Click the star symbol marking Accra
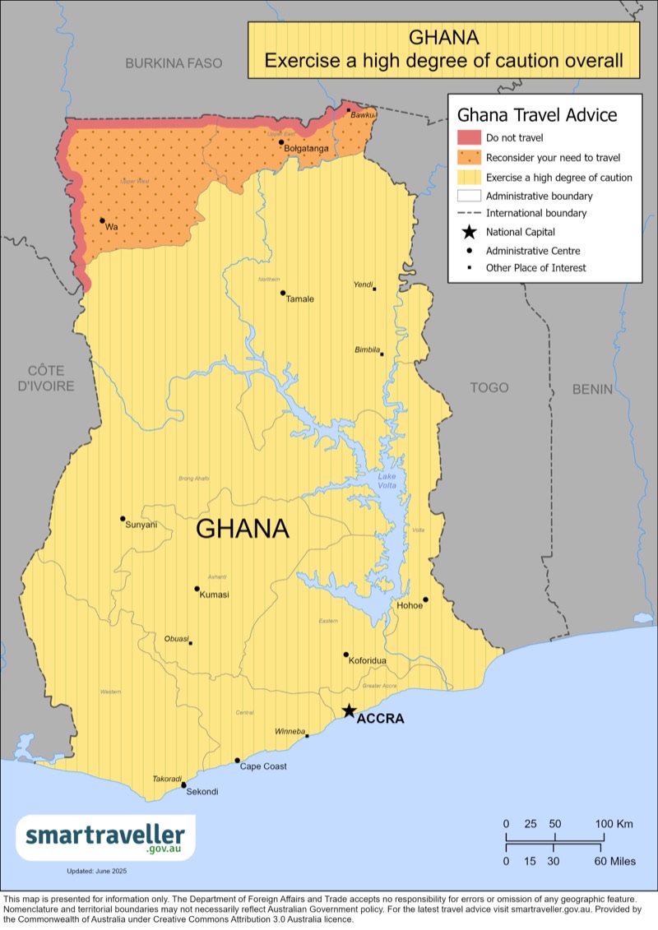(x=349, y=710)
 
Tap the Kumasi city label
(x=215, y=595)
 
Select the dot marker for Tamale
(x=283, y=293)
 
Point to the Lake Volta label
(x=387, y=481)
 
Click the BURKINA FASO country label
(x=174, y=63)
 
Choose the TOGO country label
(x=489, y=387)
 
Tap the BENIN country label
(x=593, y=389)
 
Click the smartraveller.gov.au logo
(x=106, y=838)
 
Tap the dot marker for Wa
(x=102, y=220)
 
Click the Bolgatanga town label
(x=307, y=149)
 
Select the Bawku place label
(x=362, y=116)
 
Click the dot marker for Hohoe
(x=426, y=599)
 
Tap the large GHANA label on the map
(x=243, y=529)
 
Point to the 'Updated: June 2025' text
(x=97, y=871)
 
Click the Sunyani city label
(x=141, y=525)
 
